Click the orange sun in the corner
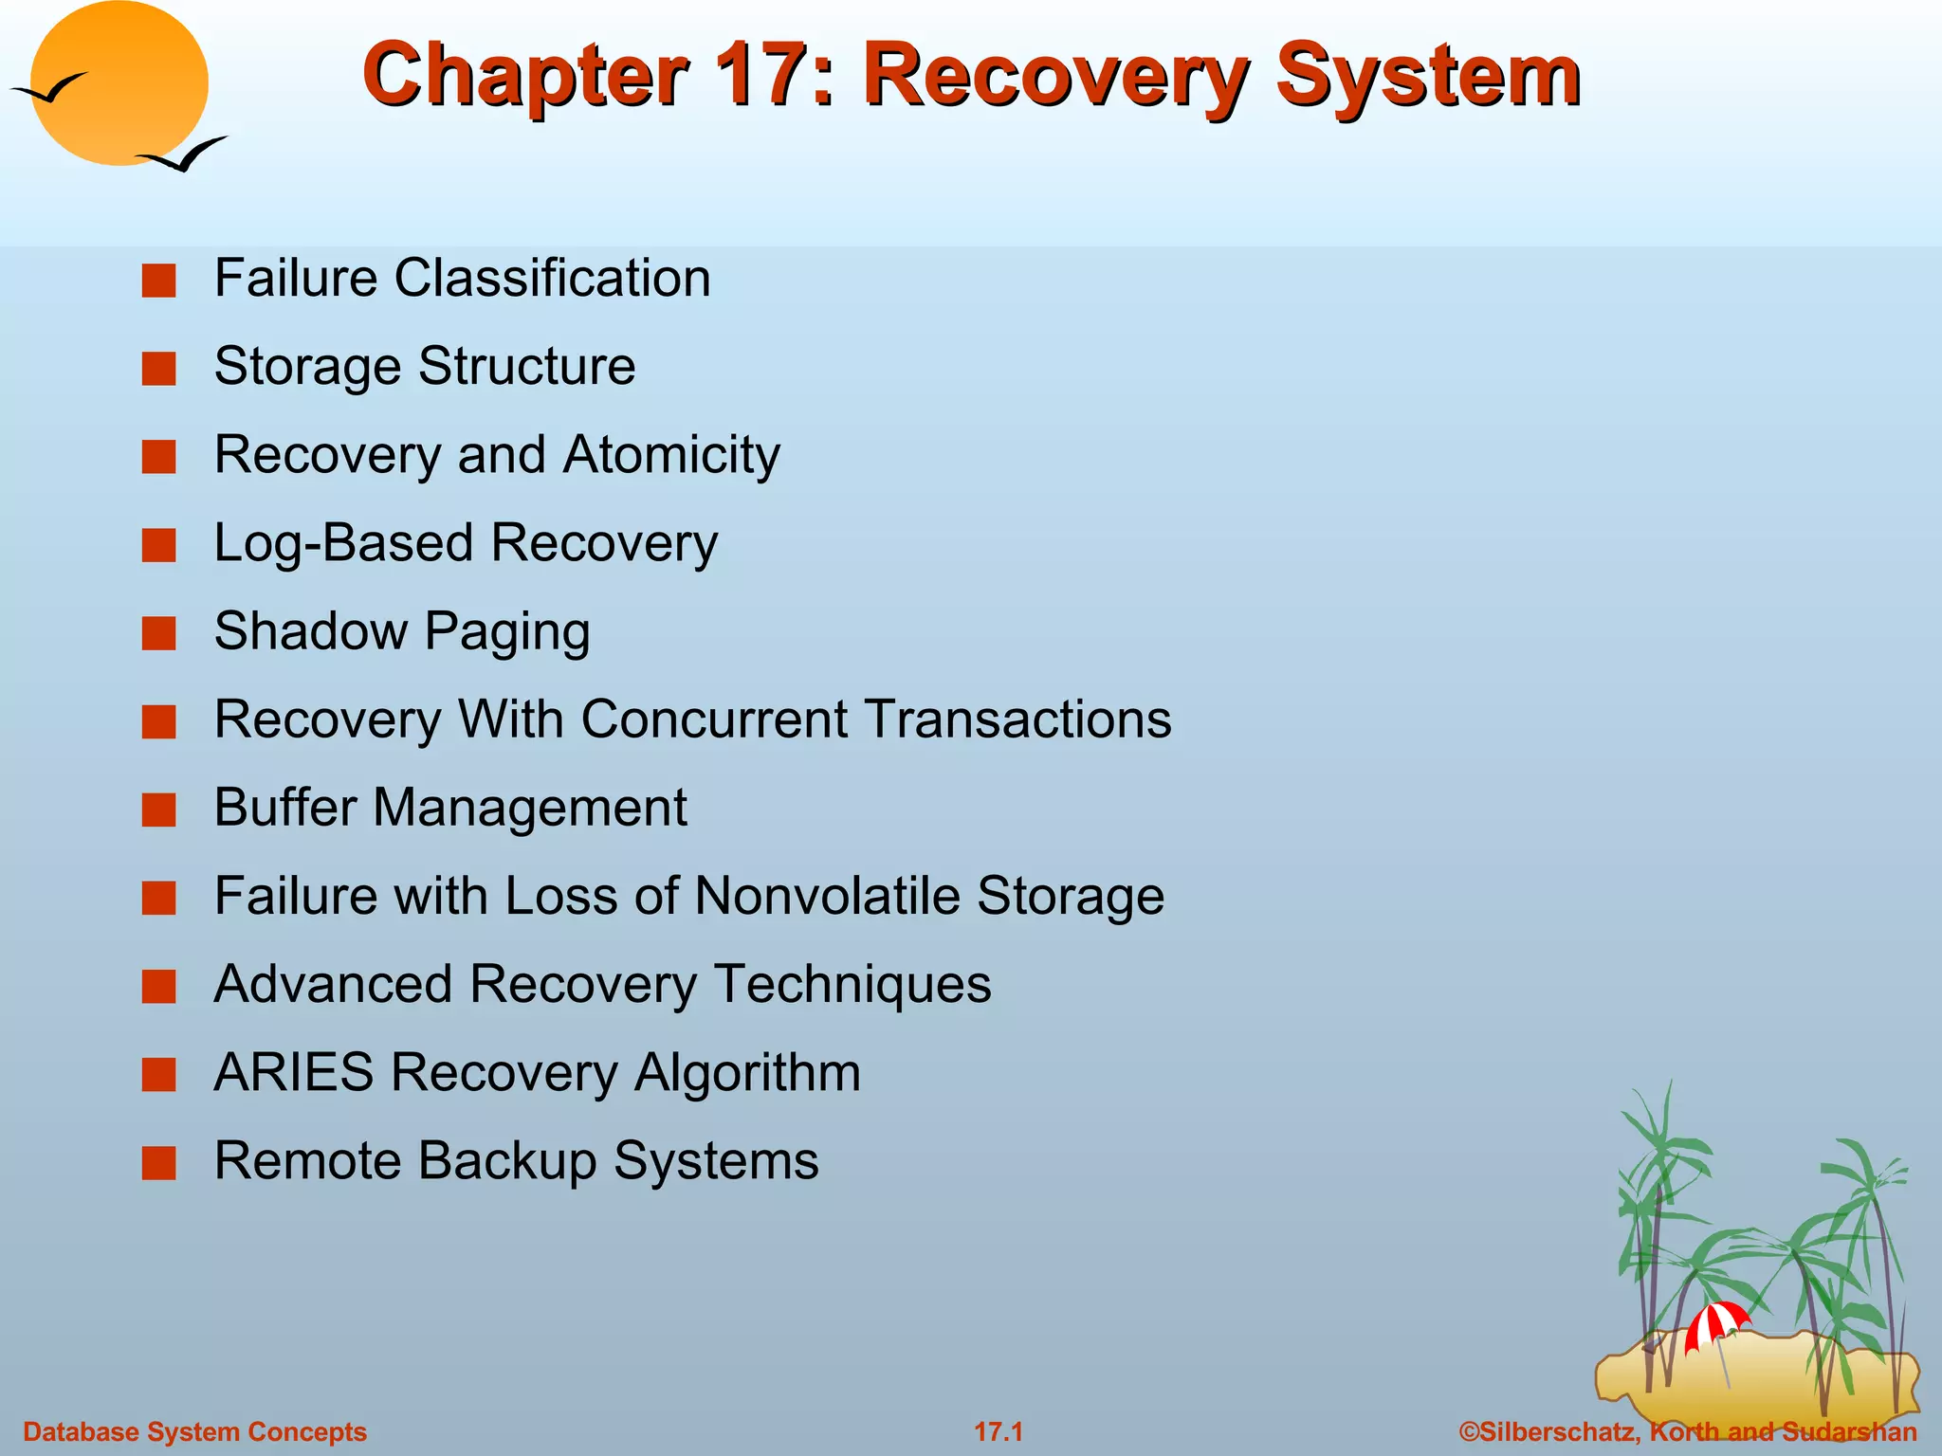pos(119,83)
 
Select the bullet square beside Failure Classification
pos(158,281)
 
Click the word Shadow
pos(310,631)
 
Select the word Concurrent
pos(715,719)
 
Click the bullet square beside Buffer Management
pos(158,810)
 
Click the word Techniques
pos(852,984)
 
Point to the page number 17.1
pos(998,1431)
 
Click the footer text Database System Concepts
pos(194,1431)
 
